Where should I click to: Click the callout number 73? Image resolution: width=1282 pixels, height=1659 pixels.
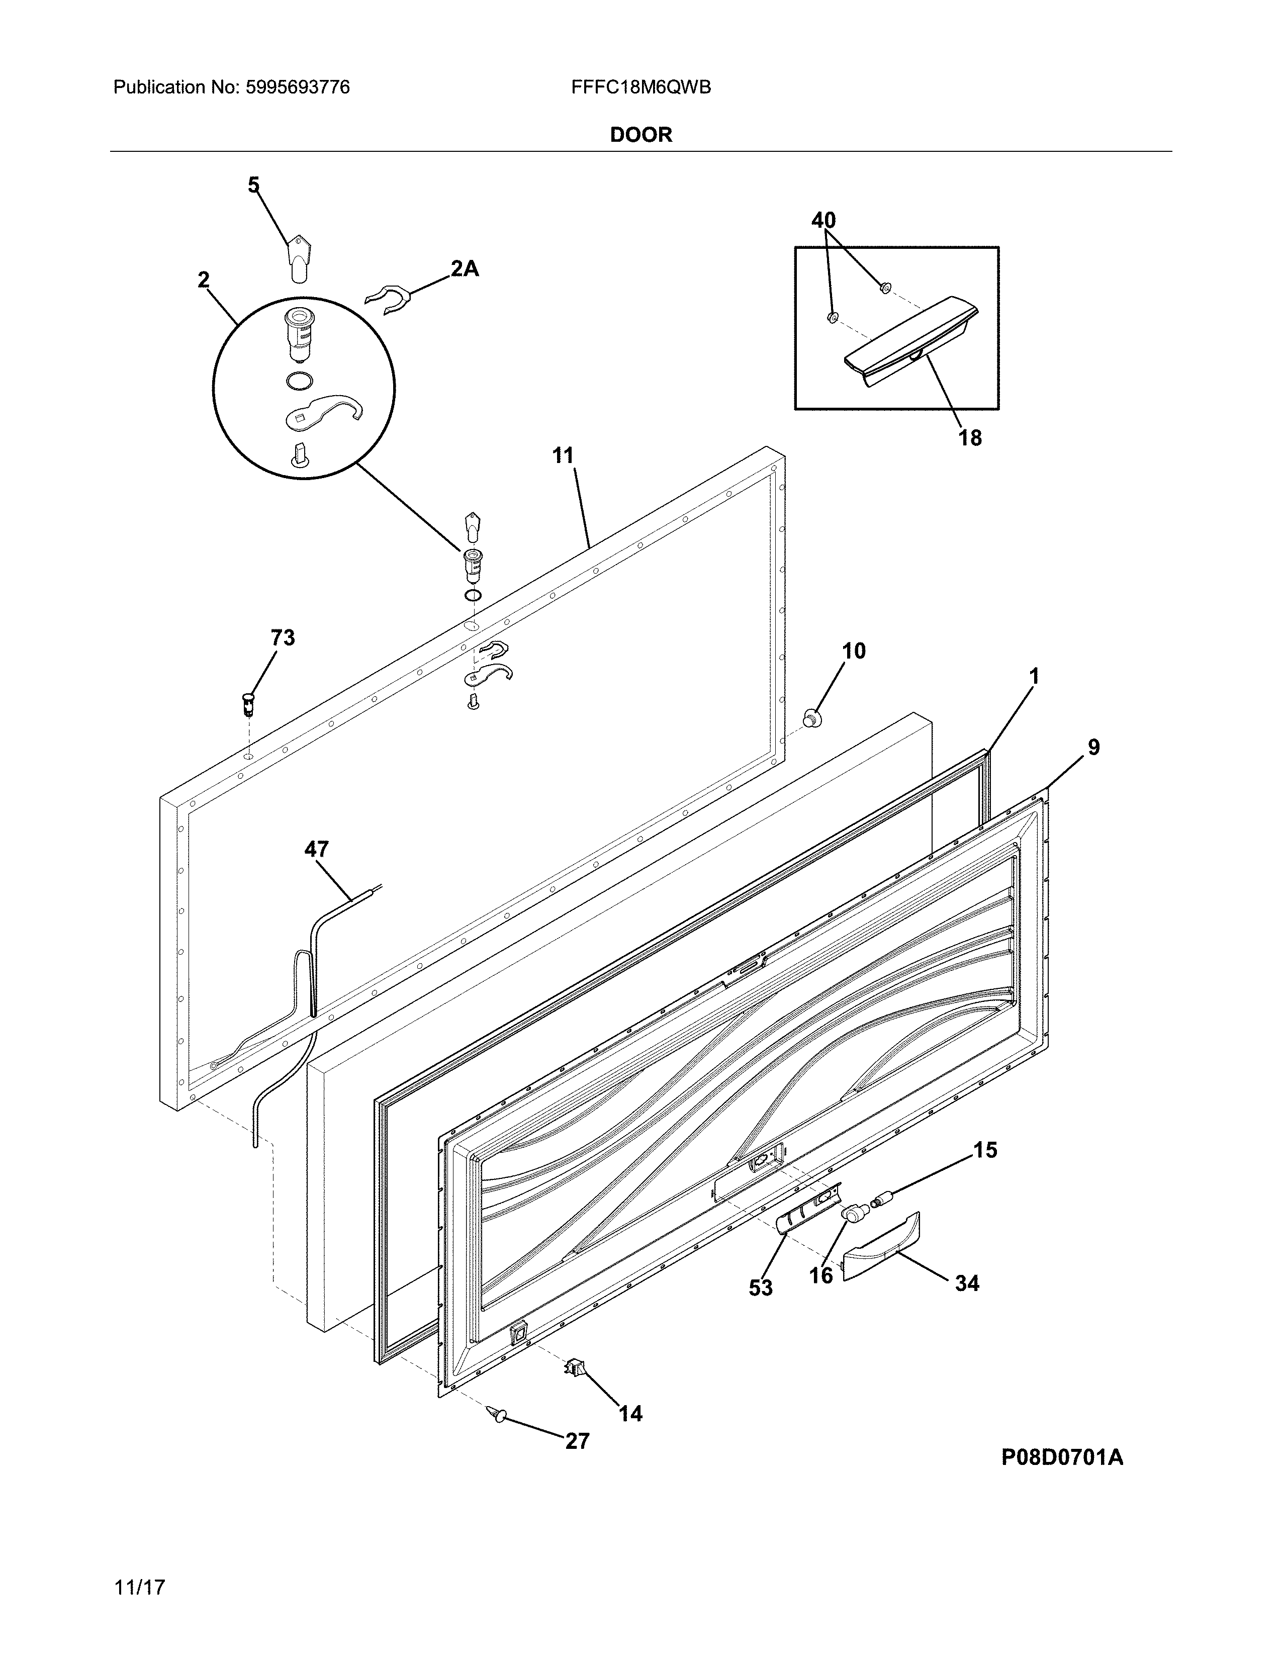pos(283,637)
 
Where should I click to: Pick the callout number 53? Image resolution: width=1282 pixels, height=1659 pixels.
pos(760,1287)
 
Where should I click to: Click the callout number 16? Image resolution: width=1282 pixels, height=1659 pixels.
pos(821,1274)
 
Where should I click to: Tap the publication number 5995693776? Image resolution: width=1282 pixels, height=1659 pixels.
pos(298,87)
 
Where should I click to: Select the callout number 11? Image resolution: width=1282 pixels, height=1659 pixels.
pos(563,456)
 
